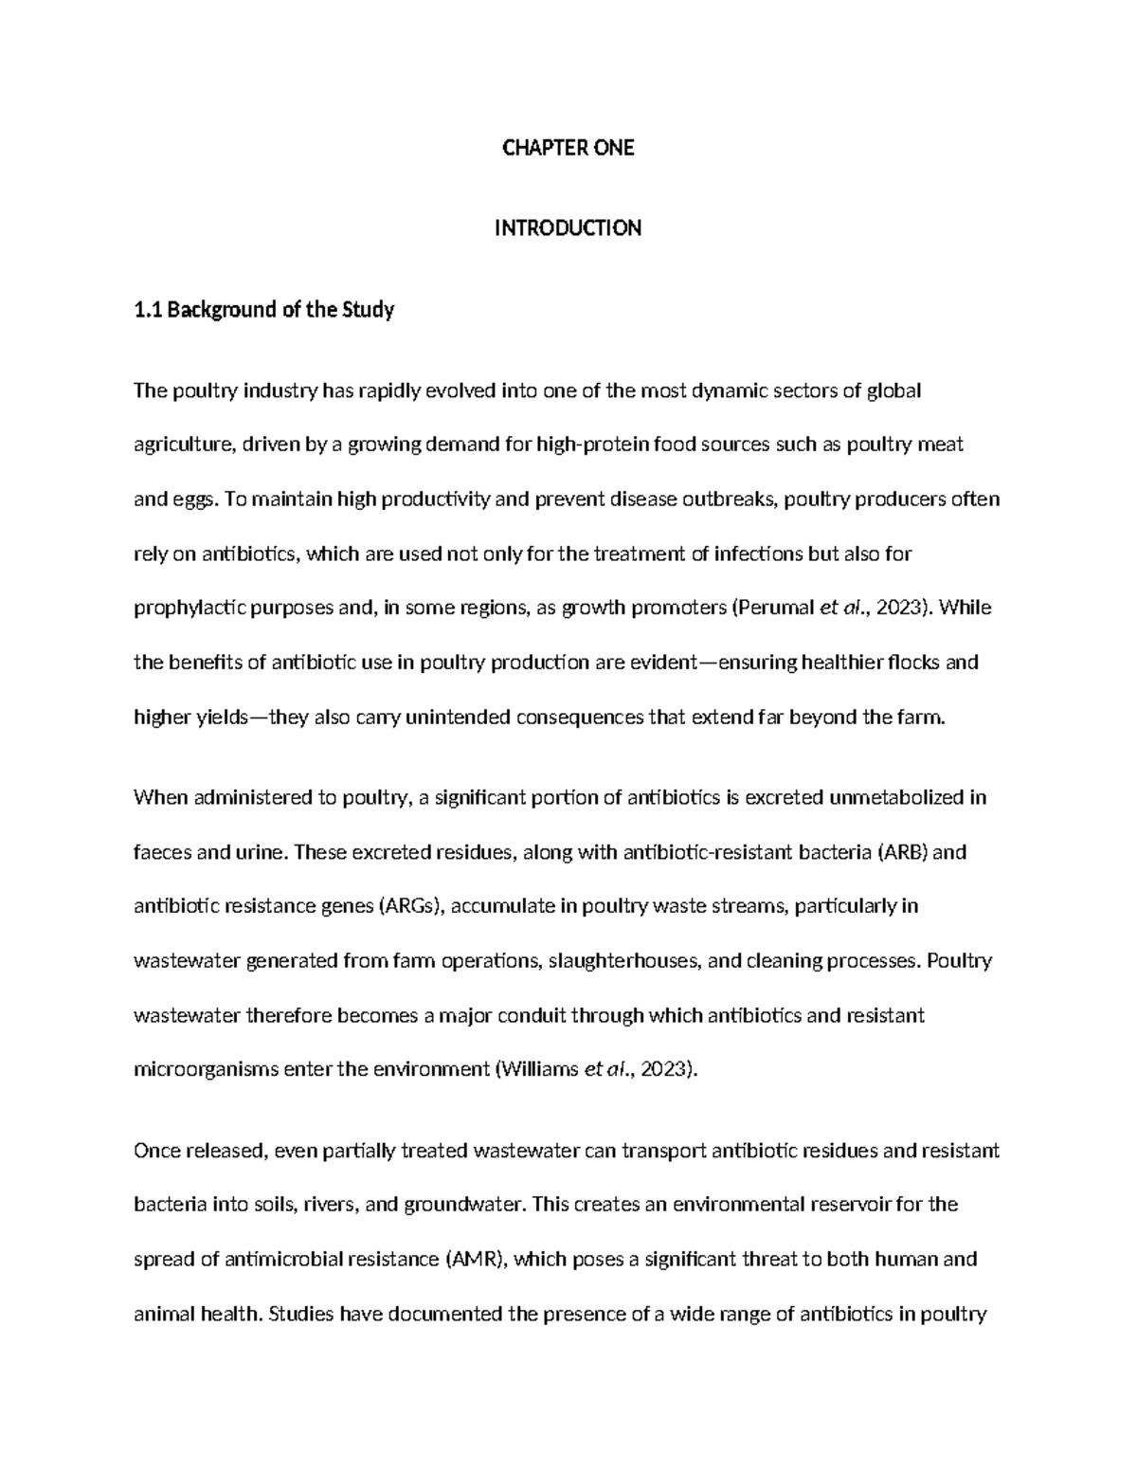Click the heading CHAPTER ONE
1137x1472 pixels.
[568, 148]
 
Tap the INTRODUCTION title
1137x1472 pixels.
[568, 228]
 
